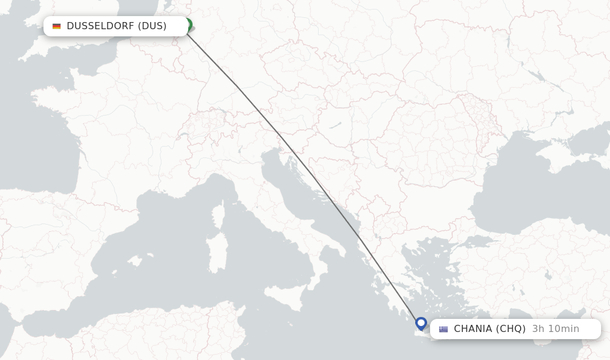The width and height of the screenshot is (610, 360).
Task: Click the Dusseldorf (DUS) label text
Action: point(117,26)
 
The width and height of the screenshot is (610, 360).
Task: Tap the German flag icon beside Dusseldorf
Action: point(57,26)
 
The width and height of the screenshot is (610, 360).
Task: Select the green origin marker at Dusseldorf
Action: point(188,25)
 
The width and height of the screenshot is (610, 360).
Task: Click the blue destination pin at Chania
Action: point(421,324)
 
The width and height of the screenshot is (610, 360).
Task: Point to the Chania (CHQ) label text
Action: point(490,329)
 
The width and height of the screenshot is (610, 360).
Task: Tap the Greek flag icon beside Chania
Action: point(443,329)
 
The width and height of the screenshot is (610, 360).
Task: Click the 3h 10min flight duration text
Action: point(556,329)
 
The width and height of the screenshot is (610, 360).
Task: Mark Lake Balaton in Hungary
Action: point(335,125)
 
